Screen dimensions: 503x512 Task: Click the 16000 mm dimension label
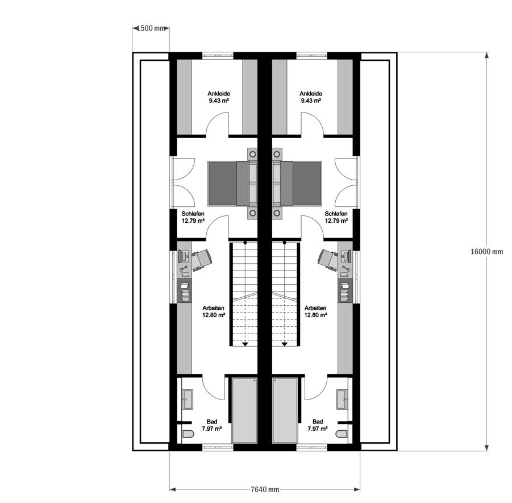pos(486,251)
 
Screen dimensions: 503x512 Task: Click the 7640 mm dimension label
pos(265,489)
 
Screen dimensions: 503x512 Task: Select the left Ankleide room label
pos(218,97)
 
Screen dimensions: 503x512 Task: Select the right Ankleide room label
pos(311,97)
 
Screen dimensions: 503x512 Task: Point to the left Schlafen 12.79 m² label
pos(193,218)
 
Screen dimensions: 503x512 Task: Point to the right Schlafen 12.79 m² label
pos(336,218)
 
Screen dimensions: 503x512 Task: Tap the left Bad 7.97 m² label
pos(212,425)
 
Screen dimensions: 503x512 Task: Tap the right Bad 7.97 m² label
pos(318,425)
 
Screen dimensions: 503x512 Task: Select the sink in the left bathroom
pos(188,398)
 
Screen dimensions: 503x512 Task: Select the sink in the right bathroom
pos(342,398)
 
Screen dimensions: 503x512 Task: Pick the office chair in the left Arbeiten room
pos(203,259)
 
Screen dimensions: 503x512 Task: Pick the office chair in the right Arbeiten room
pos(327,259)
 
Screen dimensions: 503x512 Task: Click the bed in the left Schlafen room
pos(232,184)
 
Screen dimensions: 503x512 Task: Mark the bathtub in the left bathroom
pos(245,410)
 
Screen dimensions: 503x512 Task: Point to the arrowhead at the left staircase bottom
pos(245,343)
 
